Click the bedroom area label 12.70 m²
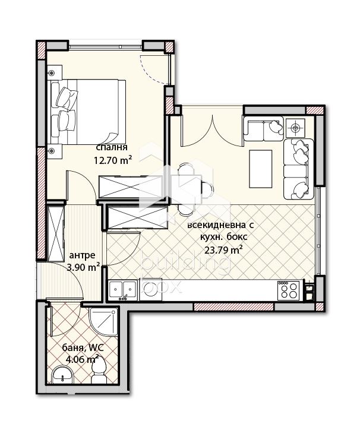point(112,160)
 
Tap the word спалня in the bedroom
point(112,147)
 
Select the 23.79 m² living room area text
point(223,250)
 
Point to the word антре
point(82,255)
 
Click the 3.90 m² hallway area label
point(83,267)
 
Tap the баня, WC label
point(83,347)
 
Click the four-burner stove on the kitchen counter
point(289,290)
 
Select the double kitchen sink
point(122,290)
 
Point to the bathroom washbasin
point(63,375)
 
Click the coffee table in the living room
point(261,169)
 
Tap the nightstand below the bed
point(55,151)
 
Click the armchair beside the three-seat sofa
point(263,129)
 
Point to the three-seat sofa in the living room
point(298,169)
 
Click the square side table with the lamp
point(295,128)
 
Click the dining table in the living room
point(189,189)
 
